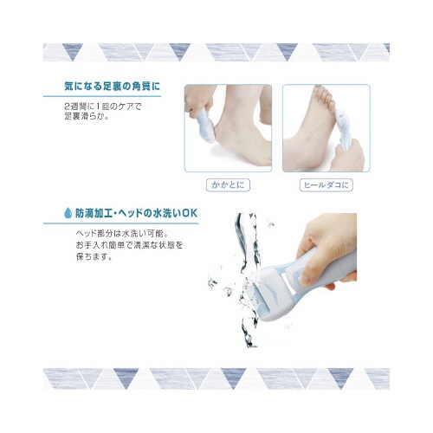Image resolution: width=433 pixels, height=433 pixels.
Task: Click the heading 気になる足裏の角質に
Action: point(113,87)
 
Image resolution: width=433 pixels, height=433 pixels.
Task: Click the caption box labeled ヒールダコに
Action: point(326,185)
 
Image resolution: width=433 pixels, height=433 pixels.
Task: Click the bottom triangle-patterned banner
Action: point(216,378)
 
